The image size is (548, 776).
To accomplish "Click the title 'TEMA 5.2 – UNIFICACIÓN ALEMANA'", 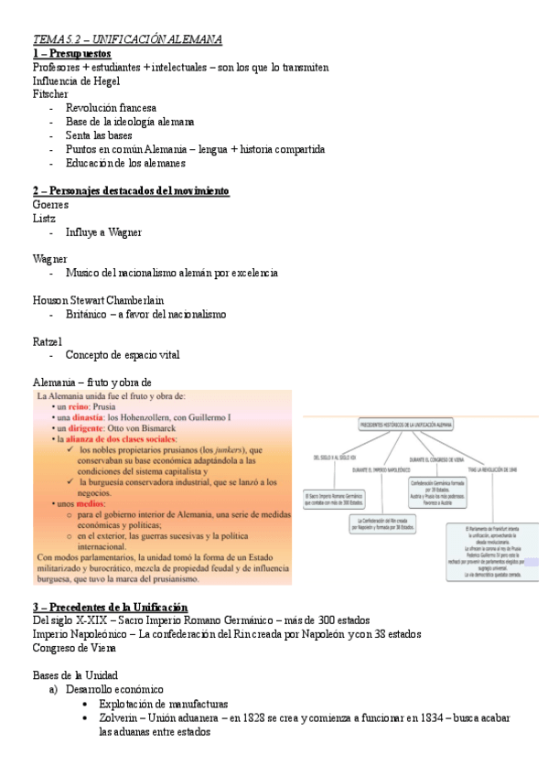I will pyautogui.click(x=127, y=39).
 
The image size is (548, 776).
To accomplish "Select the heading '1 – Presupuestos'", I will pyautogui.click(x=71, y=54).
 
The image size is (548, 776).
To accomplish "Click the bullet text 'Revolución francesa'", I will pyautogui.click(x=111, y=108).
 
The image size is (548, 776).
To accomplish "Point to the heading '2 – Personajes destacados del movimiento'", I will pyautogui.click(x=130, y=190).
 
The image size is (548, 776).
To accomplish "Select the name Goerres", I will pyautogui.click(x=50, y=205).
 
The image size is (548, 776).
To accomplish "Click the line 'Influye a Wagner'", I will pyautogui.click(x=103, y=232).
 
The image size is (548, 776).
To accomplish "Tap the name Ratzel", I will pyautogui.click(x=47, y=341).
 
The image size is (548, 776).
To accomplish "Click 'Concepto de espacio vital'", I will pyautogui.click(x=123, y=355).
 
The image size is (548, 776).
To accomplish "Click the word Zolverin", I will pyautogui.click(x=120, y=718).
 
